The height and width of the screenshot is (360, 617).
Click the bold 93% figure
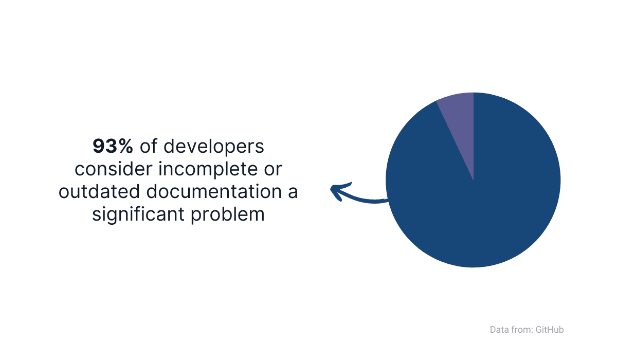[x=113, y=146]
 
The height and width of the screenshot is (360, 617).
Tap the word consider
[x=114, y=169]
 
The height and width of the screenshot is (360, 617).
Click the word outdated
[x=99, y=191]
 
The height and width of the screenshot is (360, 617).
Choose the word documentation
[x=214, y=191]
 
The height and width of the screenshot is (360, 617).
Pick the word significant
[x=138, y=215]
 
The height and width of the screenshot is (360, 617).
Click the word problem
[x=227, y=215]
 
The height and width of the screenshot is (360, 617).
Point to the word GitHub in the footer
[x=550, y=330]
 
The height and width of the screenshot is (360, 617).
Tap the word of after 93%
[x=148, y=146]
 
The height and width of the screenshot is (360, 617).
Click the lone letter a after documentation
[x=293, y=192]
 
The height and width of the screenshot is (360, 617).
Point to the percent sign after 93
[x=126, y=146]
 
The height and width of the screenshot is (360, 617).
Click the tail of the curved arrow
[x=388, y=200]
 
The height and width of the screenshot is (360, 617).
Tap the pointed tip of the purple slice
[x=473, y=180]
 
